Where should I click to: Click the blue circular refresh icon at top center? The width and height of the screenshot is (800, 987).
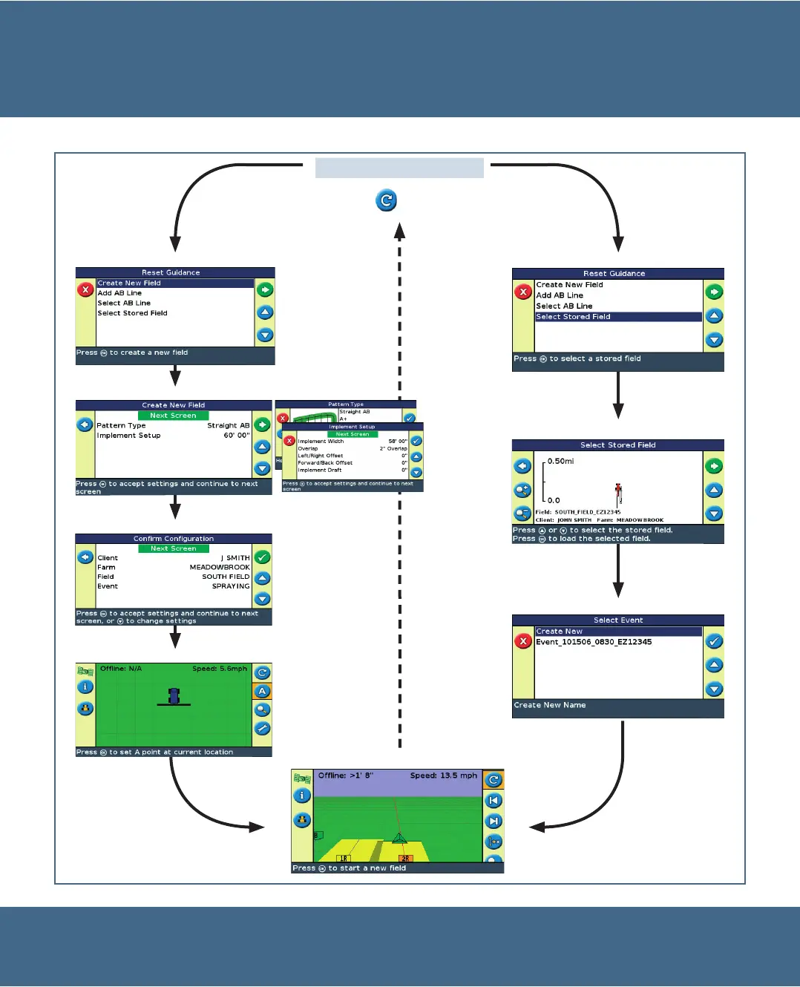click(386, 200)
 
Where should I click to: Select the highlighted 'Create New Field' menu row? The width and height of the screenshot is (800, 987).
click(175, 283)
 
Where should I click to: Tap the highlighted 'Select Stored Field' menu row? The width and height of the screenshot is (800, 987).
click(618, 317)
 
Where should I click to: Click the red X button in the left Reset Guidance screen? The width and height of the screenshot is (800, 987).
click(85, 289)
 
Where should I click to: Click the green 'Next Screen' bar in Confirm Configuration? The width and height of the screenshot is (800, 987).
click(173, 548)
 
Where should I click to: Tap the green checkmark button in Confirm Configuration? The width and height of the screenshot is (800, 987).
click(263, 557)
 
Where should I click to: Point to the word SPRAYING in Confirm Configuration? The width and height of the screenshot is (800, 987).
click(231, 586)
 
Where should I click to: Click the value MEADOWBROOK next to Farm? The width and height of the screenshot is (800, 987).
click(220, 567)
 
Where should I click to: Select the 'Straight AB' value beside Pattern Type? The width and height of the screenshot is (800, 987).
click(228, 426)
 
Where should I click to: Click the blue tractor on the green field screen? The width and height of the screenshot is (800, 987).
click(174, 696)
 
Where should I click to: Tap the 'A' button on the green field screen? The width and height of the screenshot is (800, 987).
click(263, 692)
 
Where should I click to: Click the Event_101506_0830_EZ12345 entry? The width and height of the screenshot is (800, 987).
click(594, 642)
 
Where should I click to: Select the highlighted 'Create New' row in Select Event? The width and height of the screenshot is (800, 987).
click(618, 632)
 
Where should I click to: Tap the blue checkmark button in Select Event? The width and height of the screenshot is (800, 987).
click(714, 641)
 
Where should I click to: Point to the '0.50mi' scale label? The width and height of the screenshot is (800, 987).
click(560, 462)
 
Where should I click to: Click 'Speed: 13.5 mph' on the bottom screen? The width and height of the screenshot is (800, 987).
click(444, 775)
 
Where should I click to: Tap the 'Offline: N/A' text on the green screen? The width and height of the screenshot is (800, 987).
click(121, 669)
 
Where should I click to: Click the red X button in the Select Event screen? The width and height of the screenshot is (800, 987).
click(523, 641)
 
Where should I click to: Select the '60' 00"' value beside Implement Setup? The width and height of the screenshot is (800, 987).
click(237, 436)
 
